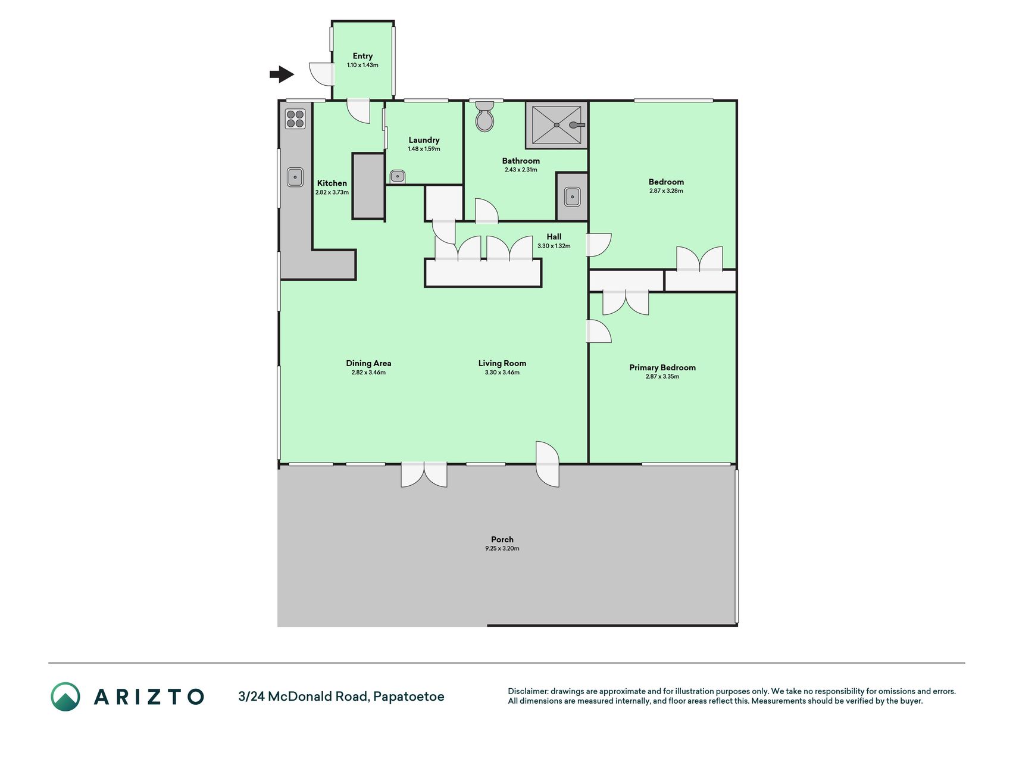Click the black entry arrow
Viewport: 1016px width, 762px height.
282,74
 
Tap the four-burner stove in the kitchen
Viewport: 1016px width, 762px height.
295,119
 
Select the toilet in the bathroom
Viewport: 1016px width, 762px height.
484,116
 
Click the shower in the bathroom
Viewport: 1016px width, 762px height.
557,125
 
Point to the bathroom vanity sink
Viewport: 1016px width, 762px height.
572,196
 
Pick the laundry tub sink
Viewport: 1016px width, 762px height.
397,177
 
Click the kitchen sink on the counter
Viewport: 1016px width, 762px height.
295,177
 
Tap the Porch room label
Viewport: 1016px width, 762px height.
502,539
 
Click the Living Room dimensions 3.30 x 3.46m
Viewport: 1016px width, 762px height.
502,373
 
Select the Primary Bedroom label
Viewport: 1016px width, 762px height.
662,367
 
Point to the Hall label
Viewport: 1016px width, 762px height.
554,236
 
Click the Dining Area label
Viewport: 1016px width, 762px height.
368,363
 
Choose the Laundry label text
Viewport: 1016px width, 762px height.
424,140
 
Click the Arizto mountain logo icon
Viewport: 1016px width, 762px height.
65,697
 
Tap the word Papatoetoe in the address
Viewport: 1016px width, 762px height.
409,697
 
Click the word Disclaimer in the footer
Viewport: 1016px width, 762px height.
528,691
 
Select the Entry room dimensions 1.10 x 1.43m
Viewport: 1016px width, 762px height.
363,65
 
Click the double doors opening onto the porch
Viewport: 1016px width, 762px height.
424,474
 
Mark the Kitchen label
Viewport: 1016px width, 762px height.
332,183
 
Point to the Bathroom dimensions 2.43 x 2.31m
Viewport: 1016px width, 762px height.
521,170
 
